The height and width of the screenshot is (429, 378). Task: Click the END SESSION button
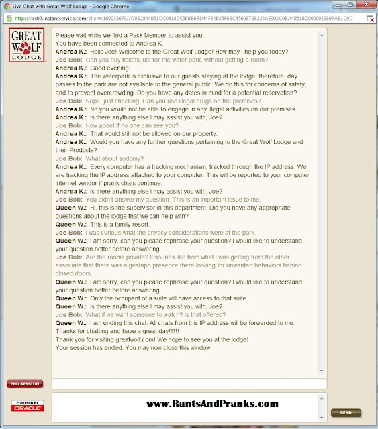point(25,384)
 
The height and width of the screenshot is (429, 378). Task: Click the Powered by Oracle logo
point(26,406)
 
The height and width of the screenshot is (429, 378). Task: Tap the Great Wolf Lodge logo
point(26,46)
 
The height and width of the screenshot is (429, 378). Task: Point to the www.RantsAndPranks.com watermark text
point(211,404)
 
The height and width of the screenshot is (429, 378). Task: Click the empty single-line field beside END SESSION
point(189,384)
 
